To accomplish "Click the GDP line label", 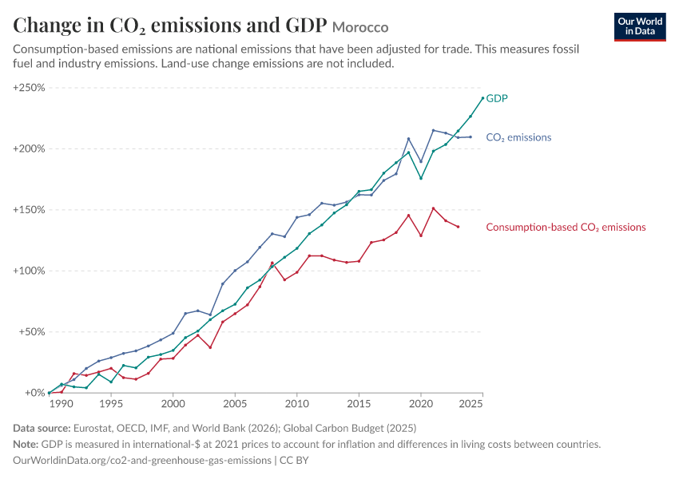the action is [x=497, y=98].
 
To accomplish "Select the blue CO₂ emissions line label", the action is [x=518, y=137].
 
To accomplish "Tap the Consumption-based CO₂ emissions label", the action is [x=566, y=228].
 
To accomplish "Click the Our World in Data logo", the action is [x=640, y=27].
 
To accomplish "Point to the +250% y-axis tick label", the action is [x=29, y=87].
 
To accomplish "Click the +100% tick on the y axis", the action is [x=29, y=271].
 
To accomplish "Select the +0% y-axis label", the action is [x=34, y=393].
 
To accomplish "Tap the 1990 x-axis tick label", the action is [x=61, y=404].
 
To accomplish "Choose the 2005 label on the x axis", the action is [x=235, y=404].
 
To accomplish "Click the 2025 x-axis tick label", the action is [x=471, y=404].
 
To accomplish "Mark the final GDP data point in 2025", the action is [x=482, y=98].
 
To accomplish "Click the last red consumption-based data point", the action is [x=459, y=227].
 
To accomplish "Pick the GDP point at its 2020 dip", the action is [x=421, y=178].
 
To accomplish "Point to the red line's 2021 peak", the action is [x=434, y=208].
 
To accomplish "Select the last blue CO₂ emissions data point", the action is [x=471, y=137].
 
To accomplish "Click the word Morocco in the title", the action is [x=360, y=27].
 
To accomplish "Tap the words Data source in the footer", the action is [x=42, y=429].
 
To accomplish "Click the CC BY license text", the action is [x=294, y=460].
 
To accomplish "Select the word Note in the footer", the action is [x=26, y=445].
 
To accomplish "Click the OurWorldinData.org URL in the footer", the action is [x=142, y=460].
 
